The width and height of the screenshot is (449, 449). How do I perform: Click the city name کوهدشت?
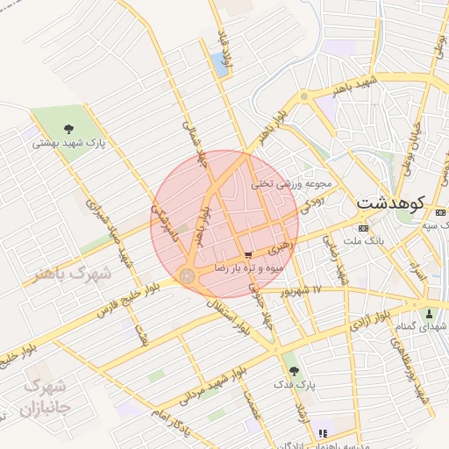(391, 203)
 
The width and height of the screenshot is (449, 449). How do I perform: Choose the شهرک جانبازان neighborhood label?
(43, 396)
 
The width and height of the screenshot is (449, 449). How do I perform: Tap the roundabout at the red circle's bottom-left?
(187, 276)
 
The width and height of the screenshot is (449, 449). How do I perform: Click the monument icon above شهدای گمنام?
(429, 314)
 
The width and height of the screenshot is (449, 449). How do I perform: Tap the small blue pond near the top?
(217, 61)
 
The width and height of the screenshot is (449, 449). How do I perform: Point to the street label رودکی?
(312, 204)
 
